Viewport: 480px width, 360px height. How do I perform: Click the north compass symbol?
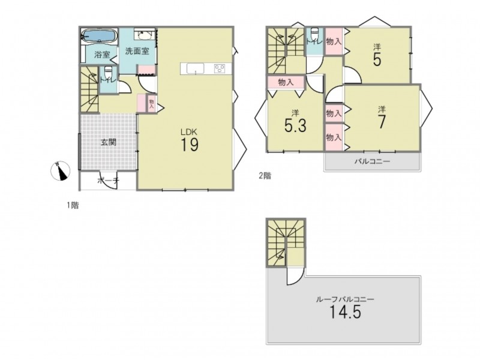60,171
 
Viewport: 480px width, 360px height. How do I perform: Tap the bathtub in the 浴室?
100,37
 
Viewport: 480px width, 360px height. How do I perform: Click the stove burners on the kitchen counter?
220,68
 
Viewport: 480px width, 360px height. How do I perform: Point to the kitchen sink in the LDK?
196,68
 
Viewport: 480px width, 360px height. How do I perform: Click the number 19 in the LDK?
190,144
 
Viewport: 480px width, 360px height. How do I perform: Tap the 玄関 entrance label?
109,142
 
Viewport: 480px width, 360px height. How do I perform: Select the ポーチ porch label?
108,181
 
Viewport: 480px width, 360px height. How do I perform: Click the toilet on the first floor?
108,73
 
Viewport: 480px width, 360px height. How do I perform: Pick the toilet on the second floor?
314,34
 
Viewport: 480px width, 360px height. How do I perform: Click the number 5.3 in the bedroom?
295,125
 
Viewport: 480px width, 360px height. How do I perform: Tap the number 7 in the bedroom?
382,122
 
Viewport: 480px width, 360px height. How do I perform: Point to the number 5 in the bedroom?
377,59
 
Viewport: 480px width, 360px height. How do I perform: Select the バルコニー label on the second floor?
372,161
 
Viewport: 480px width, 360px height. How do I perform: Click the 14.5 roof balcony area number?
345,312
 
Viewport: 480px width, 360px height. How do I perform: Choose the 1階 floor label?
73,205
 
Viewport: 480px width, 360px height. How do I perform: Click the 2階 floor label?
265,176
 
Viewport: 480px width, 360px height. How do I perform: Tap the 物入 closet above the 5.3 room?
286,82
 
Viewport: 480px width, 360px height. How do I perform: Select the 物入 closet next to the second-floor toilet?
334,41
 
